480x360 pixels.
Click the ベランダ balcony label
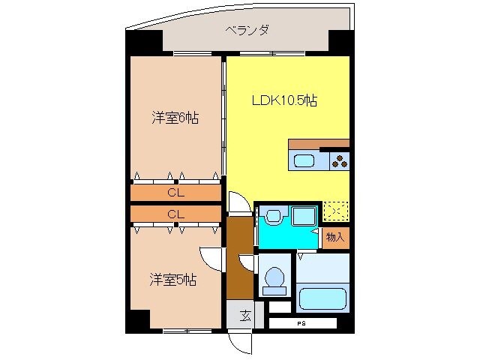click(247, 31)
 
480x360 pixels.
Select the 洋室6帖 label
click(175, 118)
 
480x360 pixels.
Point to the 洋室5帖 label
click(172, 280)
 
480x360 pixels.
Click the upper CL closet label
click(175, 193)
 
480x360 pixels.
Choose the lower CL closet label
click(175, 214)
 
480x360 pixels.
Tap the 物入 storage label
click(335, 237)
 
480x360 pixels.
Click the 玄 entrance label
click(244, 316)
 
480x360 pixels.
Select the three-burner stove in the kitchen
click(339, 160)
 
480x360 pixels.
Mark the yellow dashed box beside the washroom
click(334, 211)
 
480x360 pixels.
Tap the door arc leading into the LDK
click(238, 202)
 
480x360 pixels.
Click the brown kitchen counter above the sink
click(318, 144)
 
